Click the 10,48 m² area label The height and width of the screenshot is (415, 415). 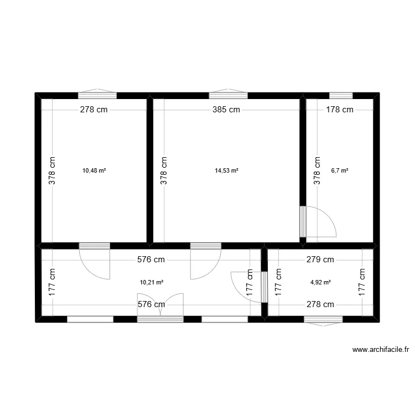(x=94, y=170)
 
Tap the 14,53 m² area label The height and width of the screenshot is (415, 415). (x=226, y=170)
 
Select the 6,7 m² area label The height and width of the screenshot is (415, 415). (x=340, y=170)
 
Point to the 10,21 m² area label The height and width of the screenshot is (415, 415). (x=152, y=282)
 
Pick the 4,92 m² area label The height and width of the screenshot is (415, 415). (x=320, y=282)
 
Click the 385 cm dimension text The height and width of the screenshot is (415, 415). (x=226, y=110)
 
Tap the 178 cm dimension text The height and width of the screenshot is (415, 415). (x=340, y=110)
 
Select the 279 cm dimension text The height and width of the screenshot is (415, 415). (x=320, y=260)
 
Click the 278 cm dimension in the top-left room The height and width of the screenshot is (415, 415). (x=94, y=110)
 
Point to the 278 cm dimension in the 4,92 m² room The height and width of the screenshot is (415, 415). (x=320, y=304)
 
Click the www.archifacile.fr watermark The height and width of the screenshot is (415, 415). (x=381, y=350)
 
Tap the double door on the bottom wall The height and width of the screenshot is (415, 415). (x=160, y=308)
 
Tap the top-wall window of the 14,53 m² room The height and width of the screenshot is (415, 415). (x=229, y=94)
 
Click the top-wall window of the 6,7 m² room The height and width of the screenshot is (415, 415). (x=341, y=96)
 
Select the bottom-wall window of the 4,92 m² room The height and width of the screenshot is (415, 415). (x=323, y=321)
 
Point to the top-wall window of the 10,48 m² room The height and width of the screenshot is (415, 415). (x=97, y=94)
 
